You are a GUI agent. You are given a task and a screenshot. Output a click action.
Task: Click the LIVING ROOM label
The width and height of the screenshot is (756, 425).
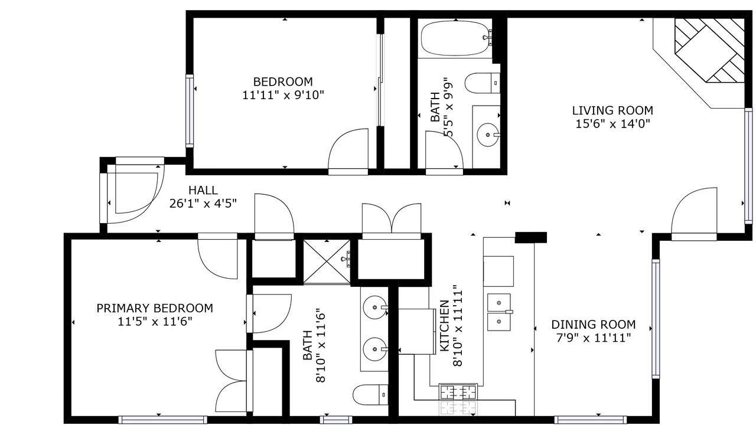click(x=612, y=110)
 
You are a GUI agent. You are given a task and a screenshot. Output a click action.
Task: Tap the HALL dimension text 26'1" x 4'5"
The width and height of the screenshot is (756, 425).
click(x=203, y=204)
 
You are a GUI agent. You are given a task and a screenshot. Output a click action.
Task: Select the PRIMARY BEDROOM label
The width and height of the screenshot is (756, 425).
click(x=155, y=308)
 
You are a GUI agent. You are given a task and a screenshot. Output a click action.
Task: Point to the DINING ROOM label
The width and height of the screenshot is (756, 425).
click(x=594, y=325)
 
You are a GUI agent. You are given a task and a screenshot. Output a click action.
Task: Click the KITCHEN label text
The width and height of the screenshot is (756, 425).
click(x=445, y=326)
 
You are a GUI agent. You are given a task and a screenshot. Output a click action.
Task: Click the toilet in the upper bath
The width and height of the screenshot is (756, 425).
click(x=483, y=83)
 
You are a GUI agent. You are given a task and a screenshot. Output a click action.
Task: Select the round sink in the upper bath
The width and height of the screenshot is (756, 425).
click(x=488, y=135)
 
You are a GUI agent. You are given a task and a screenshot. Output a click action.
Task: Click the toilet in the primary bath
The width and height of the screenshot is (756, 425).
click(x=370, y=394)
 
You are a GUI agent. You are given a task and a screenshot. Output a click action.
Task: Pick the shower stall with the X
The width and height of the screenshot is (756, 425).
click(x=327, y=261)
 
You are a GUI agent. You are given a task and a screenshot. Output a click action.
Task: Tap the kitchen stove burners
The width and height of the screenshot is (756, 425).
click(x=458, y=393)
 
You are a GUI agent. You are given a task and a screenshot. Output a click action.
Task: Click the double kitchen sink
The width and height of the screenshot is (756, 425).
click(x=499, y=312)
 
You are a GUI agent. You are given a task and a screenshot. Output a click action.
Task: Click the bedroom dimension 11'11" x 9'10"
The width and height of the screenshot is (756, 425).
click(x=283, y=96)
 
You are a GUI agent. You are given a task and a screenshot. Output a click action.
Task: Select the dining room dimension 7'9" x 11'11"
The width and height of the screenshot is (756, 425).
click(x=594, y=338)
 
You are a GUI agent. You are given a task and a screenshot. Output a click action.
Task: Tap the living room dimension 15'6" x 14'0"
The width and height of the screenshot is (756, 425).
click(x=612, y=124)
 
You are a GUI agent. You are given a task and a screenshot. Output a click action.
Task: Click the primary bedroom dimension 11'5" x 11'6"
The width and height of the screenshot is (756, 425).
click(x=155, y=322)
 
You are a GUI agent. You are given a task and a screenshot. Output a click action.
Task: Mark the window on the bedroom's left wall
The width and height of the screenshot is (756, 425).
click(x=190, y=110)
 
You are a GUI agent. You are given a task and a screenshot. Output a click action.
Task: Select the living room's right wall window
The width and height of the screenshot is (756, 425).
click(x=748, y=166)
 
